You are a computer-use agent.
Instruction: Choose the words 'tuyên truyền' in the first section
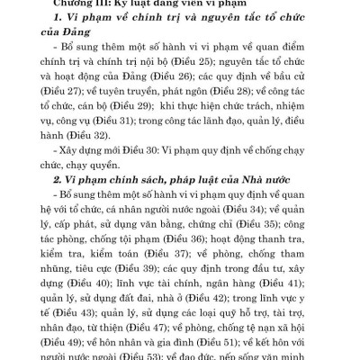click(x=107, y=122)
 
